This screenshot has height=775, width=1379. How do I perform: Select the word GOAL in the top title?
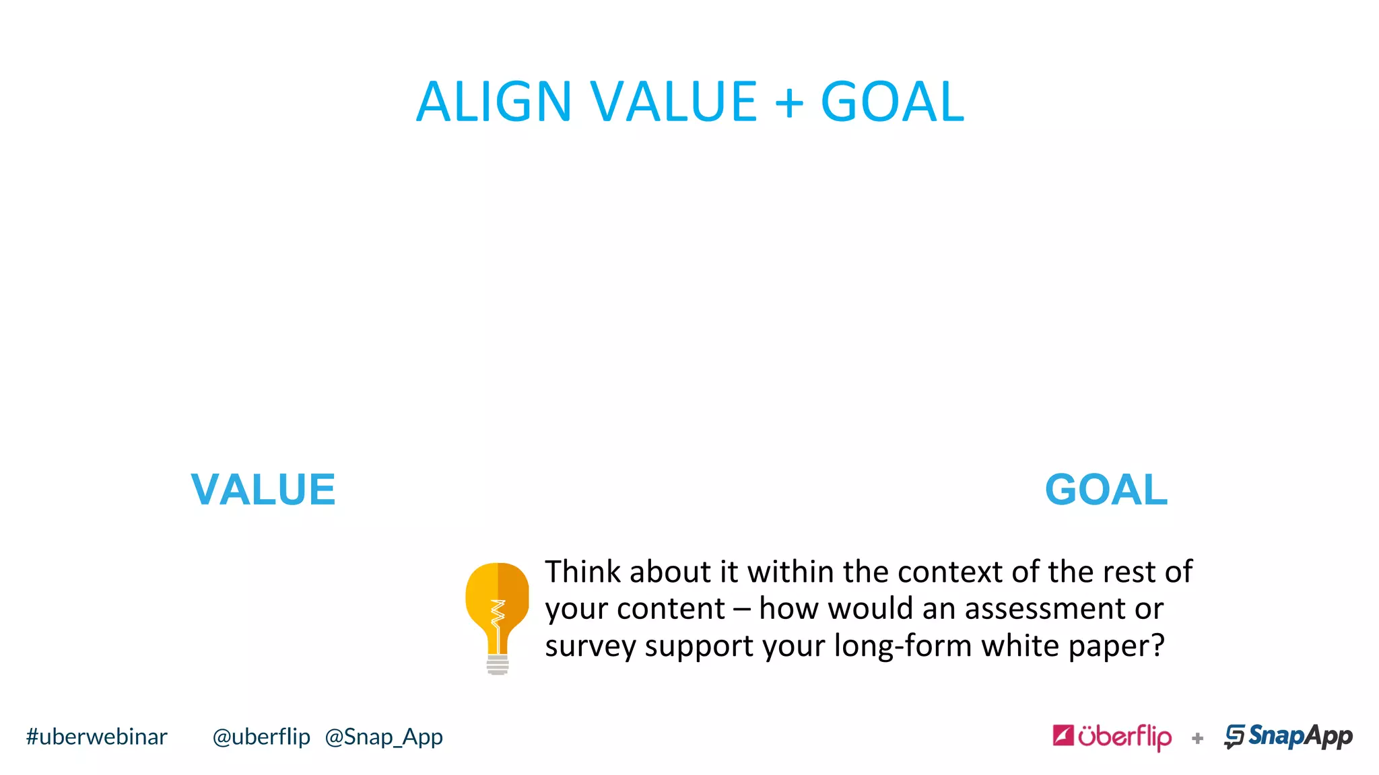892,102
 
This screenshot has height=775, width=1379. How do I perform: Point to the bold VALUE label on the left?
263,490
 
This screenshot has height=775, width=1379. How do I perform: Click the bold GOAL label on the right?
1106,490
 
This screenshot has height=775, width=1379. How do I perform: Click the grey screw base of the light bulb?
498,665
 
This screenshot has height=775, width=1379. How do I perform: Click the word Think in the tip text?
583,572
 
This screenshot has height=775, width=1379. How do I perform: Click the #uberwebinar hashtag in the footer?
96,737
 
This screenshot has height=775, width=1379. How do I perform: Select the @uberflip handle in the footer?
261,737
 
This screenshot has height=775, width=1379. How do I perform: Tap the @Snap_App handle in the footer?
384,737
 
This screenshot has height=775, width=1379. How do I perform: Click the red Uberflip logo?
1112,737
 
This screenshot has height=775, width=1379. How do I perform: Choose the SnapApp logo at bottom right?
1288,737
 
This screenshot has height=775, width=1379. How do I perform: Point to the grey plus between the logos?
1197,739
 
